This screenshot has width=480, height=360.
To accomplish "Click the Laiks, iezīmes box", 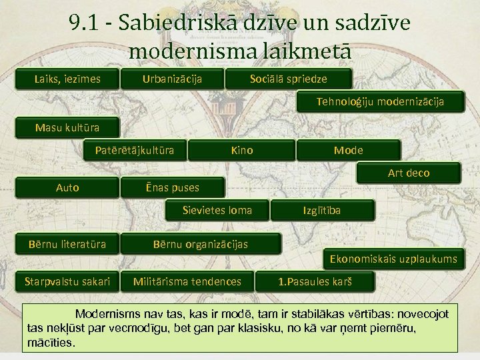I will coord(67,79).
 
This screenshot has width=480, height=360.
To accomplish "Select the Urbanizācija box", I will coord(172,79).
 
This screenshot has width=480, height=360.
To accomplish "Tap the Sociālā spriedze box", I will coord(288,79).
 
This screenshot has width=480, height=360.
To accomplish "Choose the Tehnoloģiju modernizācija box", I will coord(379,102).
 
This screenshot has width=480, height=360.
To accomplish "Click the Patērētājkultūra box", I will coord(135,150).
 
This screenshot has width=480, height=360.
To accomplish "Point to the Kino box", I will coord(241,150).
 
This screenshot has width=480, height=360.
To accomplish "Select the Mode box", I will coord(348,150).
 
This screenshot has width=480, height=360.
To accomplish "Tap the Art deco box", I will coord(409,173).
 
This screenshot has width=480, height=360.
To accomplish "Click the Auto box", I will coord(67,187).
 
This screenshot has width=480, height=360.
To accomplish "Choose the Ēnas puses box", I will coord(172,187).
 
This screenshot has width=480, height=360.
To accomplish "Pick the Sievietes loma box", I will coord(217,211).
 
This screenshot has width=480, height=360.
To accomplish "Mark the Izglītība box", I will coord(321,211).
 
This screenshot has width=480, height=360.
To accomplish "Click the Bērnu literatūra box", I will coord(67,244).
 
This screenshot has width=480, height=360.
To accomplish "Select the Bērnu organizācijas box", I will coord(200,244).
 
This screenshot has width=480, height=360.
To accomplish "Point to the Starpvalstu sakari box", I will coord(67,281).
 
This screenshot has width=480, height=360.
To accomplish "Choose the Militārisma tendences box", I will coord(187,281).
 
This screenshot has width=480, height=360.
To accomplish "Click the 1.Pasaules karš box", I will coord(314,281).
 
